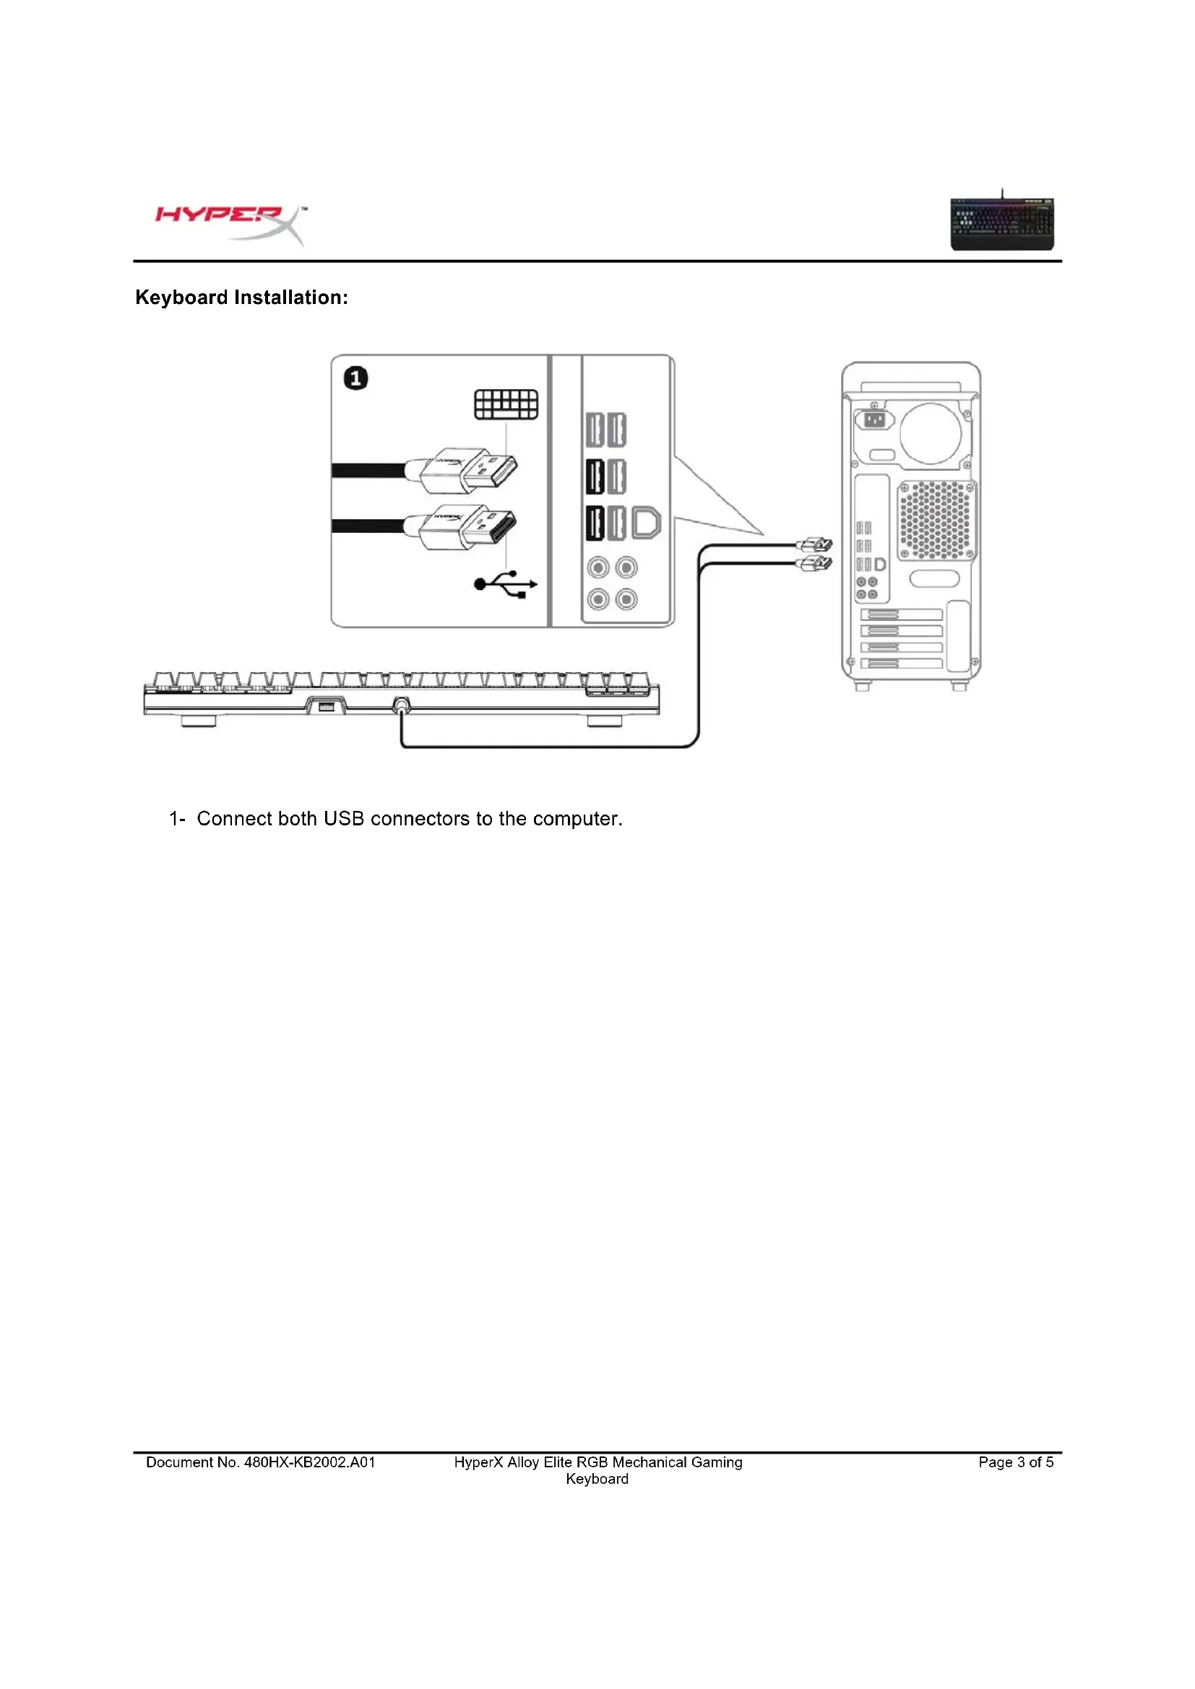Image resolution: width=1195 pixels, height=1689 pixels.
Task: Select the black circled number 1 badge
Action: pos(356,379)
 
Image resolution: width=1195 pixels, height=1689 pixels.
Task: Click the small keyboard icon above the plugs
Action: pos(506,404)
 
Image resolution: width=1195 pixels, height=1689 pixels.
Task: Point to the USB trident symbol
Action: pos(506,584)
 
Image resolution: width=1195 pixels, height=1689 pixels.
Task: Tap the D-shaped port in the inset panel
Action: pos(646,522)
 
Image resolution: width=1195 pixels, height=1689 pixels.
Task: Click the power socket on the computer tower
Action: pos(874,420)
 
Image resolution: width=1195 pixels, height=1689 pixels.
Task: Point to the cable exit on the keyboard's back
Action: pos(401,706)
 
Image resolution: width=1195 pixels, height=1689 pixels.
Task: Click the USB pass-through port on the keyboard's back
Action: pos(325,707)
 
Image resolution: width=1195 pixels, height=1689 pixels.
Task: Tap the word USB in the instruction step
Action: pos(344,819)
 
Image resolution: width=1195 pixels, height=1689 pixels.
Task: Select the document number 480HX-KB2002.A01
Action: pos(309,1462)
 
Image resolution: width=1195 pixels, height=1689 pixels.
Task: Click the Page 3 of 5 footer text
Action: pos(1015,1462)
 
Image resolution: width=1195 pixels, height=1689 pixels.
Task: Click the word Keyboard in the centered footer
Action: pos(597,1480)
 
